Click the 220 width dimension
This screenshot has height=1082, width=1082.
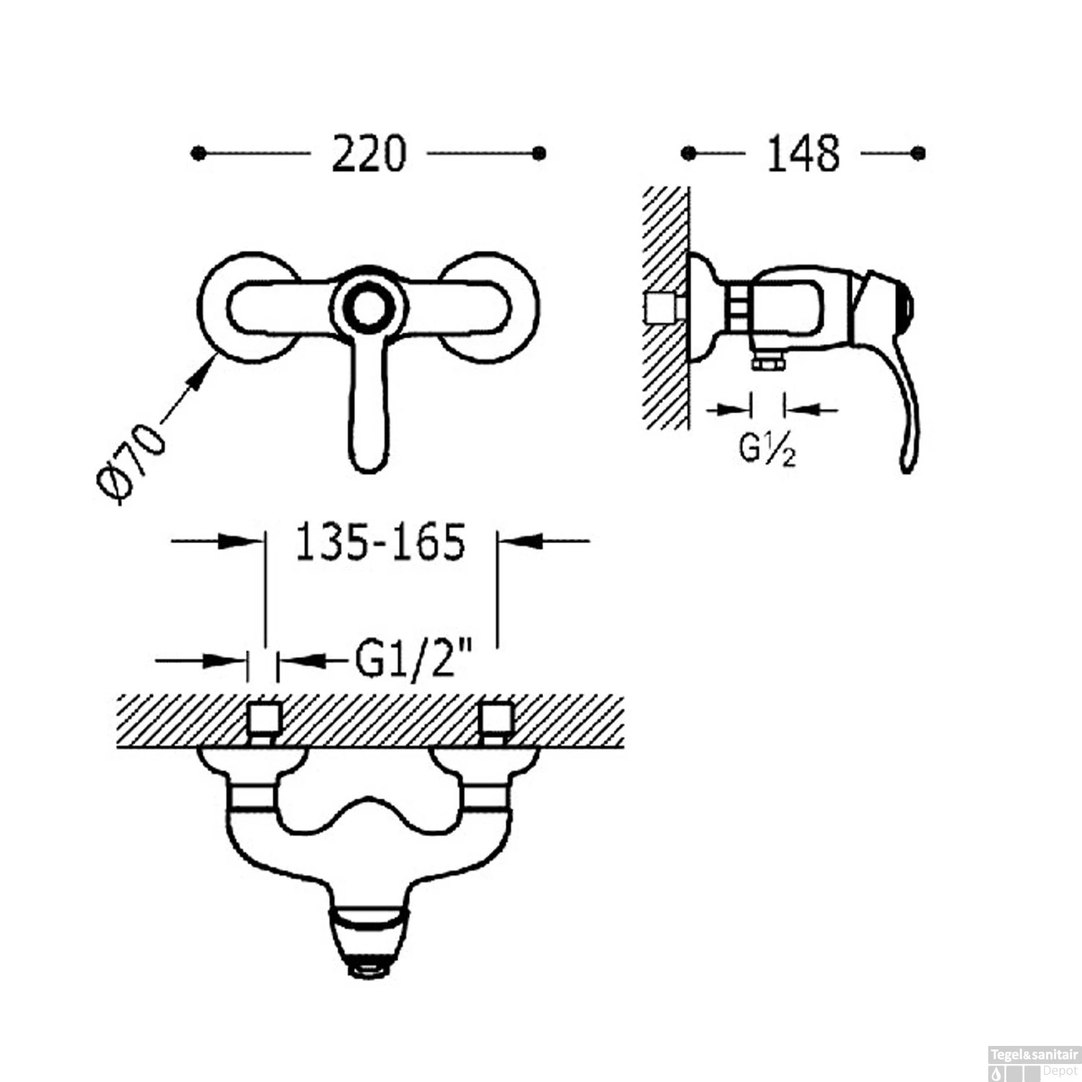(x=369, y=154)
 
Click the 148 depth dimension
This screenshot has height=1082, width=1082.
(x=803, y=154)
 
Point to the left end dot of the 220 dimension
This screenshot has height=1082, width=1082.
(x=198, y=154)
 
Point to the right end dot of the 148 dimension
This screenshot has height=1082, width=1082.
(x=918, y=154)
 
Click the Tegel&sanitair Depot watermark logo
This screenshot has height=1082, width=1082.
(x=1033, y=1063)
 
